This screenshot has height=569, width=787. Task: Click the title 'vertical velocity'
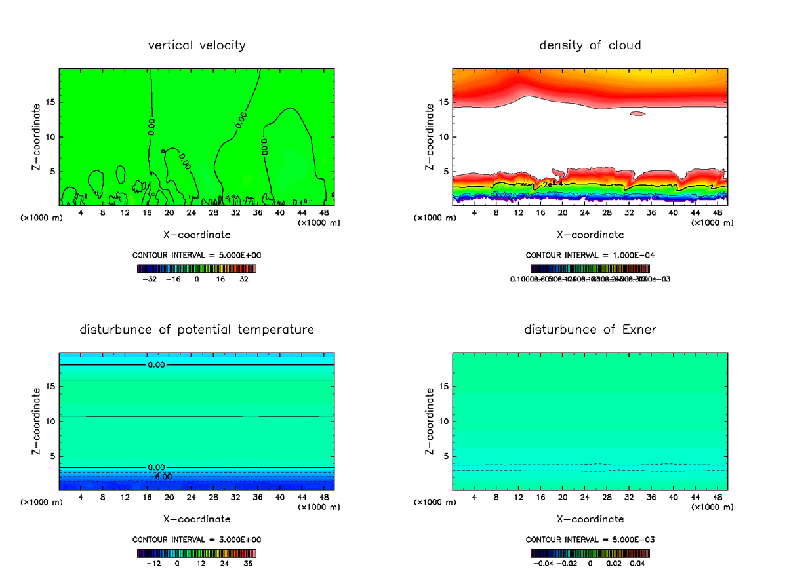point(197,45)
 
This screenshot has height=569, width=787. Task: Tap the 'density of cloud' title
point(590,45)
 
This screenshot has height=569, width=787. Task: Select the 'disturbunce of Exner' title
point(590,329)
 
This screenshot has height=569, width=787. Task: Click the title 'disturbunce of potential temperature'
point(197,329)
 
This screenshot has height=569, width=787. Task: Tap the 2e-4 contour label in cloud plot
point(552,184)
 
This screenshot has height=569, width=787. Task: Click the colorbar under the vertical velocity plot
point(197,268)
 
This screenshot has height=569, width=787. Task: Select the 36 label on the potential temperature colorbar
point(248,562)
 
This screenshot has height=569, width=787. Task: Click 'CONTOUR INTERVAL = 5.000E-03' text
point(590,540)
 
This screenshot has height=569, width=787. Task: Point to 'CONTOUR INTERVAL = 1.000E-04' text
point(590,255)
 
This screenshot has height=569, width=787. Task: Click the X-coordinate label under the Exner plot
point(590,519)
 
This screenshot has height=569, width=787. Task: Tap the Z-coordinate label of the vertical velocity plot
point(37,137)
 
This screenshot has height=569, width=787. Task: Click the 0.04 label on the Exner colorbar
point(637,562)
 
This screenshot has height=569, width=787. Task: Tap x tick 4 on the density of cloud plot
point(474,212)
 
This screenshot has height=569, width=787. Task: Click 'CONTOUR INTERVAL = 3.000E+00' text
point(197,540)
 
